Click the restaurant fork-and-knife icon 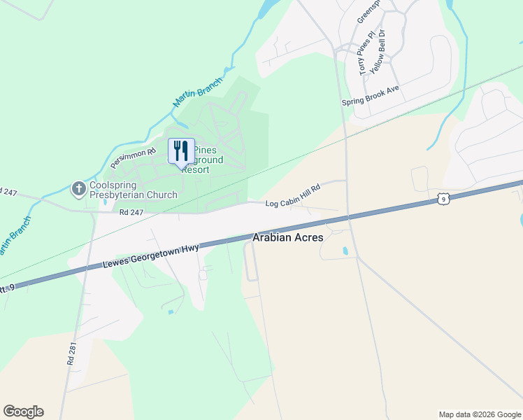coord(181,150)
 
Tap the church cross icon coord(78,188)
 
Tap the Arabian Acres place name coord(287,238)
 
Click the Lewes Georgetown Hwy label coord(151,257)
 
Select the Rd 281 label coord(71,351)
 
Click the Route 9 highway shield coord(443,199)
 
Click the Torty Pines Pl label coord(362,58)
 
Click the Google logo coord(23,412)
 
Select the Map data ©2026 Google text coord(479,414)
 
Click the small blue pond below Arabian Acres coord(345,251)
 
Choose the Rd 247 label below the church coord(131,212)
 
